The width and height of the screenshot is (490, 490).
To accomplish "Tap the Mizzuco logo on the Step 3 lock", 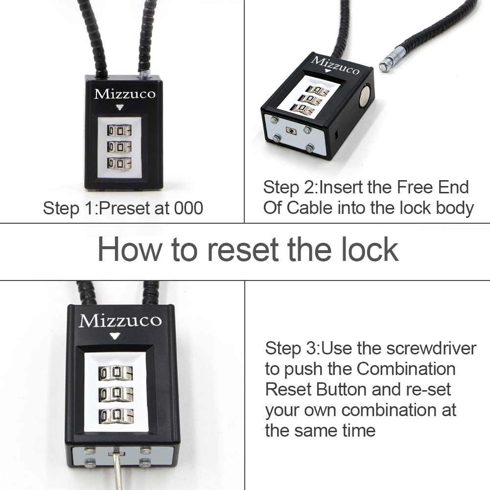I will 120,321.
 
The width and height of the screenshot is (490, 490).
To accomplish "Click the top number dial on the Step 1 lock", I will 119,131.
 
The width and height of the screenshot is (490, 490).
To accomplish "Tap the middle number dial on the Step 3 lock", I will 116,394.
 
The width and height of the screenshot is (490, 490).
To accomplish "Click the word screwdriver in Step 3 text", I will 431,348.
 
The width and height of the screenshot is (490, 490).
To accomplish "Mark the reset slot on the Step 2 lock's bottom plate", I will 292,131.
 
